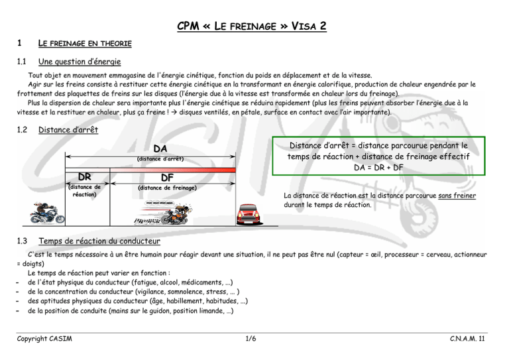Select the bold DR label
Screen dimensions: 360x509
pos(85,178)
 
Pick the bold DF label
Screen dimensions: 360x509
pos(167,178)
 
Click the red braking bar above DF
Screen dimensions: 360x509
pos(168,170)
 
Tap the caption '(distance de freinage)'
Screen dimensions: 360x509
pos(167,188)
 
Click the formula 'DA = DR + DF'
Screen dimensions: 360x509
pos(390,168)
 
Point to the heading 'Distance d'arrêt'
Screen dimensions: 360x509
pos(69,130)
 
